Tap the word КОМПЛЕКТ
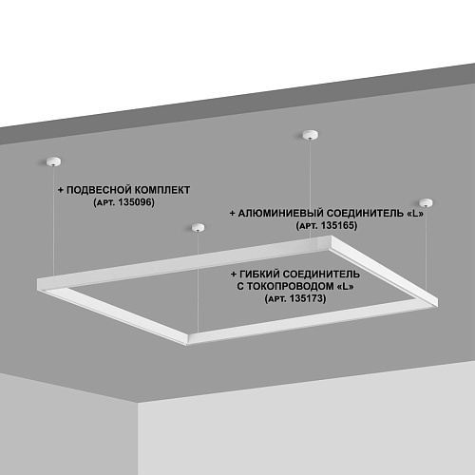[161, 190]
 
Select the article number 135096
[136, 202]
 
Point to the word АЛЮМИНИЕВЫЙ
[280, 213]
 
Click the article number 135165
[338, 225]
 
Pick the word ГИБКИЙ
[259, 274]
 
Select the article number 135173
[308, 298]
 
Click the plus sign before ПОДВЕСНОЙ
[61, 190]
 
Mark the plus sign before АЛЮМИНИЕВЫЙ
[233, 214]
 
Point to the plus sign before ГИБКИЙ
[234, 274]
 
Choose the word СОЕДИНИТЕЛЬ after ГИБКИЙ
[321, 274]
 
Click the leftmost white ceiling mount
[53, 161]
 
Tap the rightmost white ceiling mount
[426, 202]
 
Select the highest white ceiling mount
[311, 135]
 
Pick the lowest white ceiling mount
[198, 227]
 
